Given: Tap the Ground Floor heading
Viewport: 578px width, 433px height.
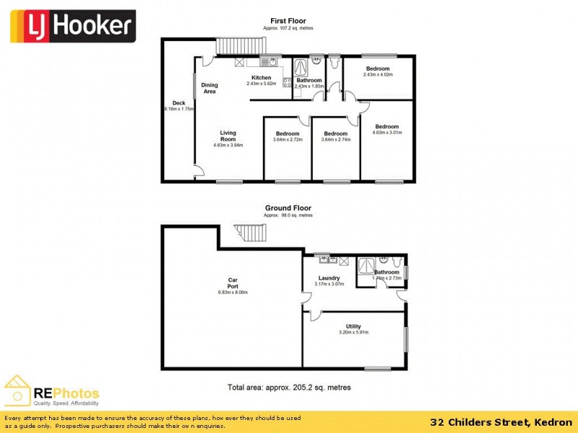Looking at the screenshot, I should point(288,209).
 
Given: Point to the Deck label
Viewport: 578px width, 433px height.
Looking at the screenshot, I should point(178,103).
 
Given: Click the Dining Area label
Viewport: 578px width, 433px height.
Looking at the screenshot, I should point(210,88).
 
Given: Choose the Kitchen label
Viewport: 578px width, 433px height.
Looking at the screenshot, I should point(261,78).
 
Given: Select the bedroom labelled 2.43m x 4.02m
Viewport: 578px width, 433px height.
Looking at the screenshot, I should point(377,69).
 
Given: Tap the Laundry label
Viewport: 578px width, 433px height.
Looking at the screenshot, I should point(329,278).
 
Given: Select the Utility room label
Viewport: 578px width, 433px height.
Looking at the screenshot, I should point(353,327).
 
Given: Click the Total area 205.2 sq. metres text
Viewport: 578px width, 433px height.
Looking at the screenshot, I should point(288,388).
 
